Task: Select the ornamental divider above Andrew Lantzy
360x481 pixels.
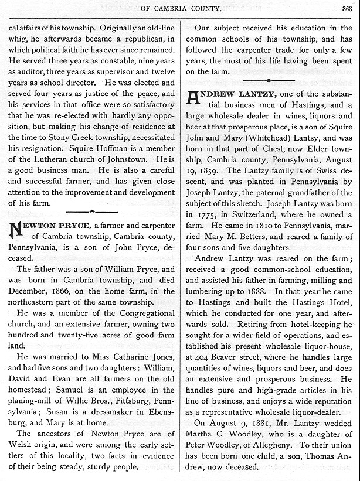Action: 269,80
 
